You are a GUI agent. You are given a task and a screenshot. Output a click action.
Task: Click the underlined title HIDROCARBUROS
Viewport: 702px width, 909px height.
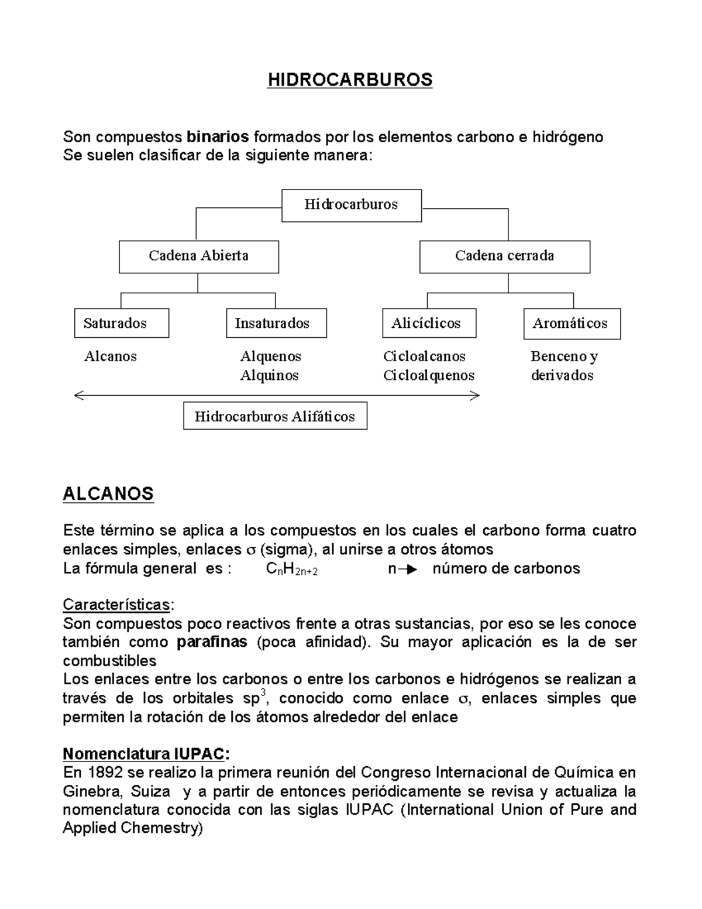coord(350,80)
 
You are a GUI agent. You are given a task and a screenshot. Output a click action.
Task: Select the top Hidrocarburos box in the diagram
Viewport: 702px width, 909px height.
coord(351,205)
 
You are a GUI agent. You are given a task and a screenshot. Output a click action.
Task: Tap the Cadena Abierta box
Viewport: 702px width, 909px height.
coord(198,256)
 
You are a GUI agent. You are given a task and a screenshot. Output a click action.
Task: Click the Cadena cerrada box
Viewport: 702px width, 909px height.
coord(504,256)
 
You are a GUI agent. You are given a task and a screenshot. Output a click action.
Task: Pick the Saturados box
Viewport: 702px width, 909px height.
coord(121,323)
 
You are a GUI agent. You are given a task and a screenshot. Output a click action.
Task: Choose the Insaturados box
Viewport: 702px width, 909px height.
coord(276,323)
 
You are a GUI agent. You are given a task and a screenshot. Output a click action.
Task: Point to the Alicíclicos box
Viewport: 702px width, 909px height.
coord(429,323)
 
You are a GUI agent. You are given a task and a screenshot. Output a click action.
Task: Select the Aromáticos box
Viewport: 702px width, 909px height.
coord(571,324)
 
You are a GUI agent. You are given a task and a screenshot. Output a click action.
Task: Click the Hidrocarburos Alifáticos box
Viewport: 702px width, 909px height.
coord(275,416)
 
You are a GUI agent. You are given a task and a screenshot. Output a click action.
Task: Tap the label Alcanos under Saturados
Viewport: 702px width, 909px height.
coord(111,356)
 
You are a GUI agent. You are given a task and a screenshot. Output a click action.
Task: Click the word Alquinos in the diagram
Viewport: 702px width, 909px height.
coord(269,375)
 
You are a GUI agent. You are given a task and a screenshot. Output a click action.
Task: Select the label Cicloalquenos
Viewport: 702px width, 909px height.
coord(429,375)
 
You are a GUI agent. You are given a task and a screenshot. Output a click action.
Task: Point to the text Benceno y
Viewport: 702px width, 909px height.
coord(564,356)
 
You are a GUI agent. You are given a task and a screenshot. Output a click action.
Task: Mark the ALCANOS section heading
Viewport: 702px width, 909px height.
coord(108,493)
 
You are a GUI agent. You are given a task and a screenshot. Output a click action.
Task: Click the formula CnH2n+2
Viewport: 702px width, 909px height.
coord(291,569)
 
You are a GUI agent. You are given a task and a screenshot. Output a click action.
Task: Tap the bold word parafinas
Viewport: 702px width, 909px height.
coord(212,642)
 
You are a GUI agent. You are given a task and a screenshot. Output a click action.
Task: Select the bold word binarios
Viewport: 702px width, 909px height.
coord(217,137)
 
